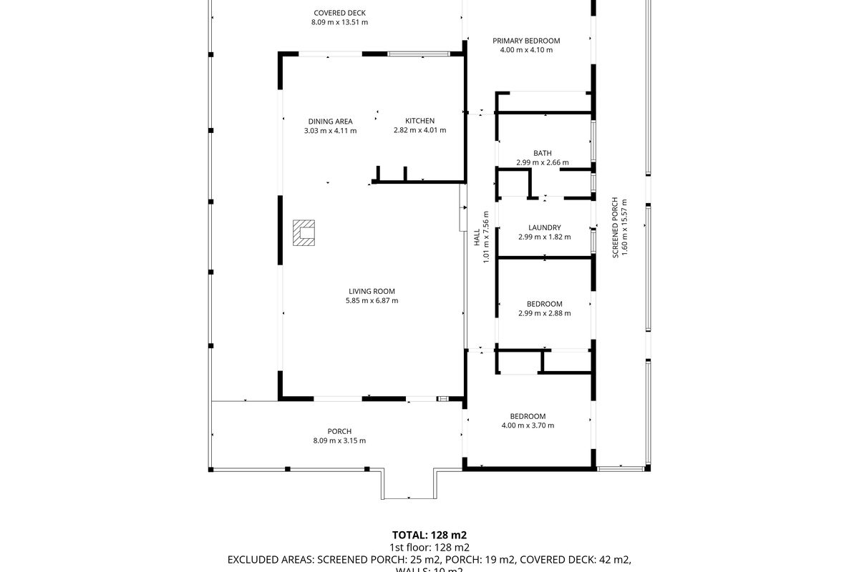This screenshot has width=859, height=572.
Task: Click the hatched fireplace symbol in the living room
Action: click(x=305, y=233)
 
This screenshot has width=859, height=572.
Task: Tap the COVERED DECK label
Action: click(x=339, y=13)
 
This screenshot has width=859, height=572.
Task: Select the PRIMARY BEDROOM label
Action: click(x=526, y=41)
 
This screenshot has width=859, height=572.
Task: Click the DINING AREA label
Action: click(x=330, y=122)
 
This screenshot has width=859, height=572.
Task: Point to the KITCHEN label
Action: click(x=419, y=121)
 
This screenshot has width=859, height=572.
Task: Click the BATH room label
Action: click(x=542, y=153)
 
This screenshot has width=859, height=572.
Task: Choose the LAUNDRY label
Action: click(x=545, y=228)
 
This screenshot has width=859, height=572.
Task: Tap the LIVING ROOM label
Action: click(x=372, y=291)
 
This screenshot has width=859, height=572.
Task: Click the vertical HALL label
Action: click(x=477, y=237)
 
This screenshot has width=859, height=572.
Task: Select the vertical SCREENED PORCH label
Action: click(x=614, y=228)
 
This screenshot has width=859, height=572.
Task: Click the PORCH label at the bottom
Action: click(x=339, y=431)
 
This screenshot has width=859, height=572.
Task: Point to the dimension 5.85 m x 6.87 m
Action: click(x=372, y=301)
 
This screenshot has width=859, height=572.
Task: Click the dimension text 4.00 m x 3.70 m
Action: click(x=528, y=425)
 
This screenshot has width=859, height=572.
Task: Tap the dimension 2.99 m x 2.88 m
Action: click(x=545, y=313)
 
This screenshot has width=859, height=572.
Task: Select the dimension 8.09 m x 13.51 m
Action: click(x=339, y=22)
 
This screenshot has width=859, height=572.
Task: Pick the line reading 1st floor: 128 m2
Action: click(x=429, y=547)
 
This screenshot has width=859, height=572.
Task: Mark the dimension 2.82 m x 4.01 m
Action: click(x=419, y=130)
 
